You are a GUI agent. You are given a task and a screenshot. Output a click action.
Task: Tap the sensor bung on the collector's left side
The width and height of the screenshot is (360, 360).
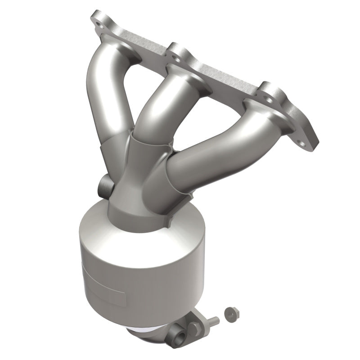tap(102, 184)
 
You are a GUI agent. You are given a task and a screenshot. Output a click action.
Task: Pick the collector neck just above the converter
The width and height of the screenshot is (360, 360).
tap(135, 198)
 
